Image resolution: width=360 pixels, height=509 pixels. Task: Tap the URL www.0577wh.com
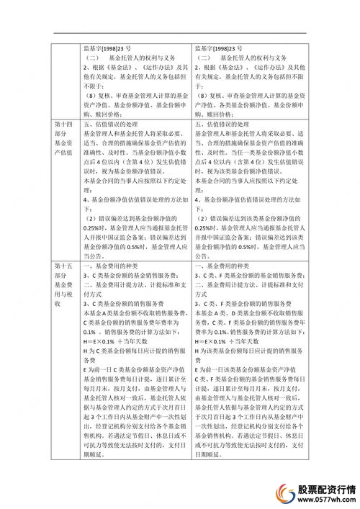[328, 499]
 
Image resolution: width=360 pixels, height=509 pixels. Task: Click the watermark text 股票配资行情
[328, 487]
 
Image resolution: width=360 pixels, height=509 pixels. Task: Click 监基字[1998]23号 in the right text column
[223, 49]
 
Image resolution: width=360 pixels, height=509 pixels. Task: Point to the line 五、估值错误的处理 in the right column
[228, 125]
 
